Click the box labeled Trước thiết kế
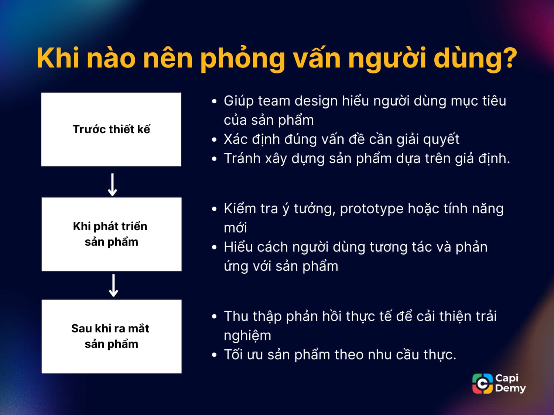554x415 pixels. point(111,129)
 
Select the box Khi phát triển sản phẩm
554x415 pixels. point(111,234)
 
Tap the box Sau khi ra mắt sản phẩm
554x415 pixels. point(111,336)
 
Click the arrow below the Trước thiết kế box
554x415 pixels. point(112,184)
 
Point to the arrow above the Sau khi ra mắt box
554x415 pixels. point(113,286)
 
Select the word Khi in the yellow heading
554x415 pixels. point(58,58)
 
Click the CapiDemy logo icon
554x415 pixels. point(482,384)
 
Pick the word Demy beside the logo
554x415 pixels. point(510,388)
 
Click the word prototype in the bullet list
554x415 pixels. point(372,209)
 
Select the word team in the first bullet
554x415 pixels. point(274,101)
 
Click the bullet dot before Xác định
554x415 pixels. point(214,140)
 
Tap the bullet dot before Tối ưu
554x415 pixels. point(214,355)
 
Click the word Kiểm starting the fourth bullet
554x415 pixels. point(240,209)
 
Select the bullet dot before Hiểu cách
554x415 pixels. point(214,248)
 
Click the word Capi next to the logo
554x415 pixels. point(507,378)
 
